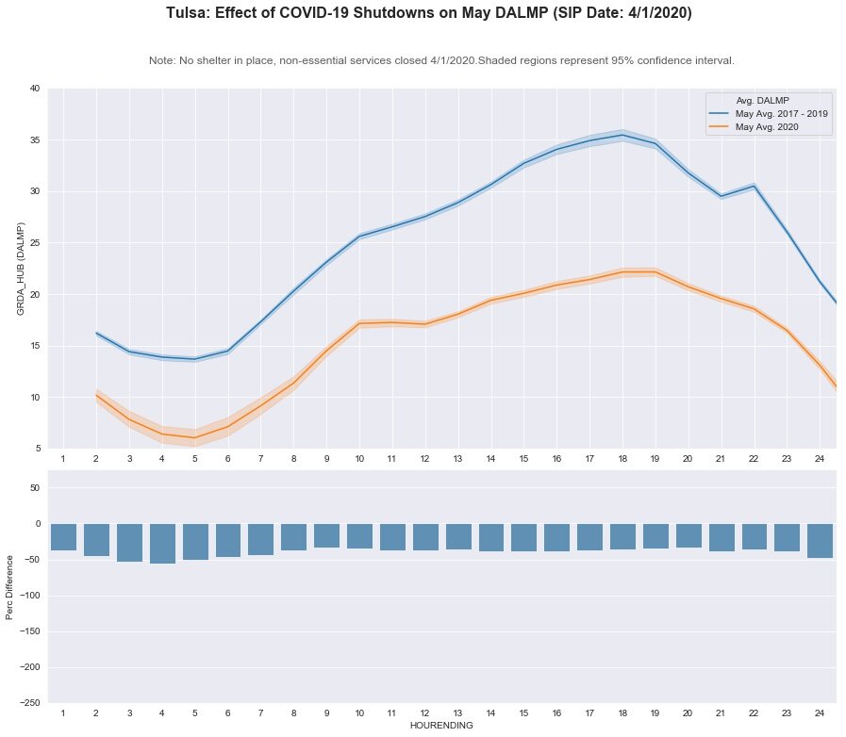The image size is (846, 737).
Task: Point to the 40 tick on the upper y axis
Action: (x=35, y=89)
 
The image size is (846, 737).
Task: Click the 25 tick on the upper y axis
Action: (x=35, y=243)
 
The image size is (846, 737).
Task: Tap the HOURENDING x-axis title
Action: (x=440, y=726)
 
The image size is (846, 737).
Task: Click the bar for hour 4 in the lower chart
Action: (x=162, y=544)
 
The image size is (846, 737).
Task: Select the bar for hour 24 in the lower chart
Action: (x=821, y=541)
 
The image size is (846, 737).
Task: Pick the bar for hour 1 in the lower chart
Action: (x=63, y=537)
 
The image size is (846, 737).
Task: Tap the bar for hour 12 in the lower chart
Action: (x=425, y=537)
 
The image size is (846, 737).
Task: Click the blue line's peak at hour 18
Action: (x=622, y=135)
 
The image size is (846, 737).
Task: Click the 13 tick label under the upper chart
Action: (x=457, y=458)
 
